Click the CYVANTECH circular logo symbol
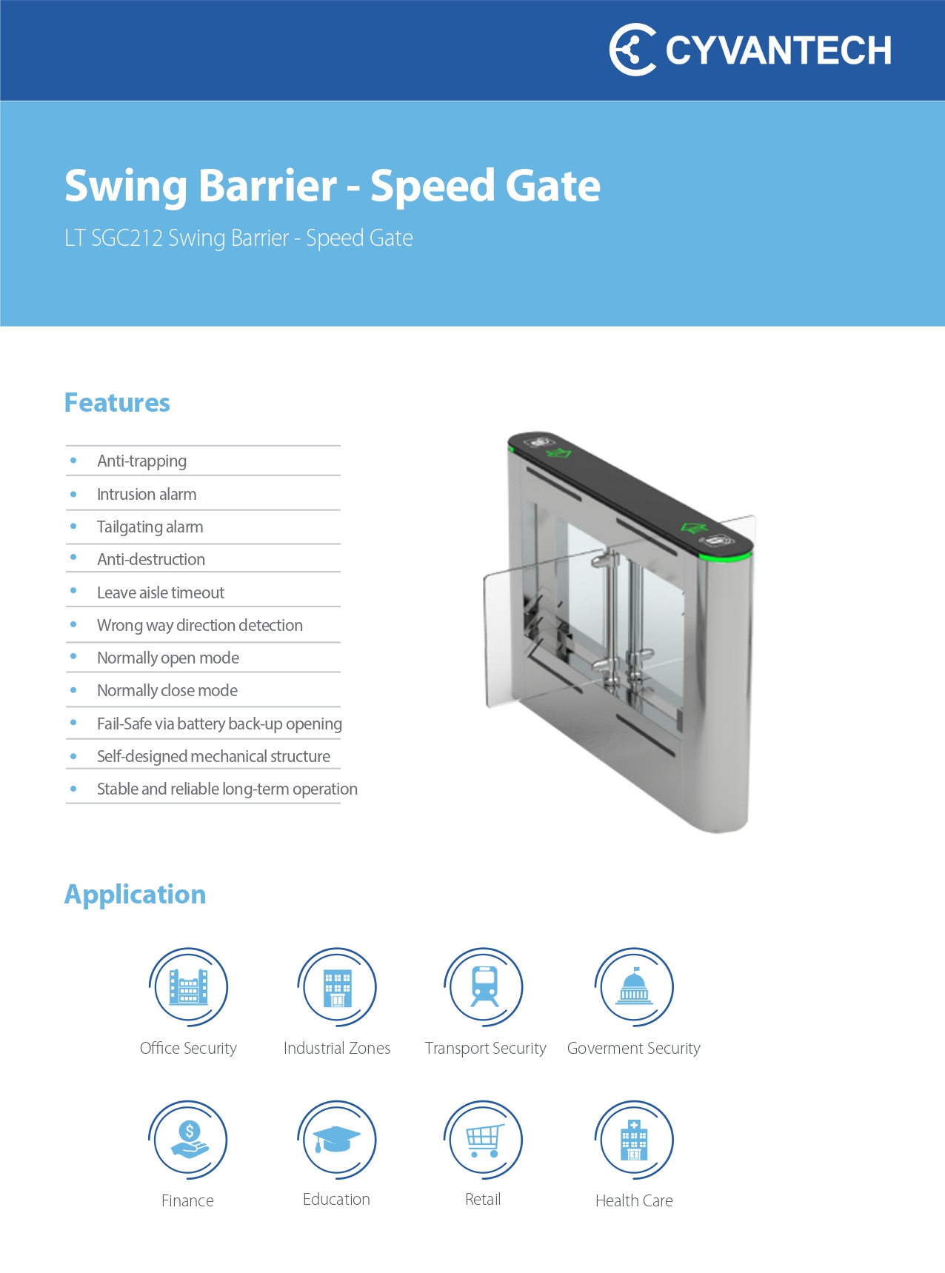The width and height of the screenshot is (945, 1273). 632,50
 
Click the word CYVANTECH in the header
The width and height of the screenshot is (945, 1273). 778,50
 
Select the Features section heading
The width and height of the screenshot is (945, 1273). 117,403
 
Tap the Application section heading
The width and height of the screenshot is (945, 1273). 135,895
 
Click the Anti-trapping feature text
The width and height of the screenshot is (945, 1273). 141,461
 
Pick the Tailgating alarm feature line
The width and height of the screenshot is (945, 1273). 150,527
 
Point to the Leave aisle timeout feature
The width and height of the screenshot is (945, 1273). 160,592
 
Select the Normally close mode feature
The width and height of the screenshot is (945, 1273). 167,690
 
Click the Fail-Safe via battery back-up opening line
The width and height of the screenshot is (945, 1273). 219,724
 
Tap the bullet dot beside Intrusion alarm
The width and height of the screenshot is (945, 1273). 73,494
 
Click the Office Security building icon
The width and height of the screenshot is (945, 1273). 188,987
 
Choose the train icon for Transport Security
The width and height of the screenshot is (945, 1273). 484,987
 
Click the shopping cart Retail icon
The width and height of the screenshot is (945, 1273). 484,1140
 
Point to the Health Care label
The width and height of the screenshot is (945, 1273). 634,1200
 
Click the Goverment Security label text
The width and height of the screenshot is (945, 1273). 633,1049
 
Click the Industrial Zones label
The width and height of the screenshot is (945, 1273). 337,1048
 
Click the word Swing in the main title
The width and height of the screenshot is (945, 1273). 127,187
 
